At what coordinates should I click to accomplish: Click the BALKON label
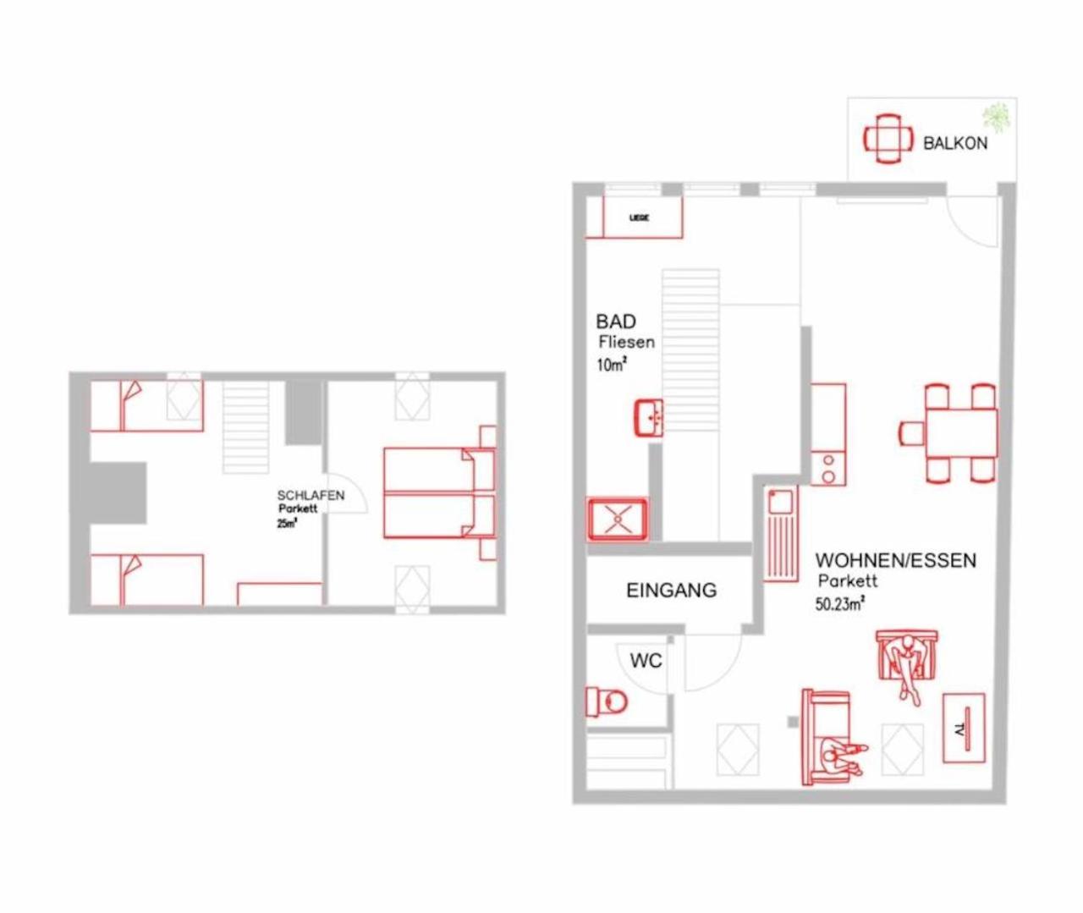coord(954,143)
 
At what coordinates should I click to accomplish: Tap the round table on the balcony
coord(888,138)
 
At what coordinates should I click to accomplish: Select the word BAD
coord(616,322)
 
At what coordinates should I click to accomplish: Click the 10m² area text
coord(611,366)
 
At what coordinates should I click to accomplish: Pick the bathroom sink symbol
coord(650,418)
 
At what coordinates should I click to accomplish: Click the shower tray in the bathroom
coord(618,519)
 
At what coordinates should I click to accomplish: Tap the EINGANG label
coord(671,590)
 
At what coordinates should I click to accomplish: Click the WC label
coord(646,660)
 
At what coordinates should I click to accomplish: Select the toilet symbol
coord(607,701)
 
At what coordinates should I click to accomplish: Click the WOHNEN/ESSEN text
coord(895,560)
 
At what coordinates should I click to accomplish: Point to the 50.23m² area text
coord(839,604)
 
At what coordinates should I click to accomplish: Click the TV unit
coord(964,728)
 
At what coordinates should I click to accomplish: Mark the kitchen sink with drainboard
coord(780,532)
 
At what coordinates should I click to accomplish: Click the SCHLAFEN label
coord(311,495)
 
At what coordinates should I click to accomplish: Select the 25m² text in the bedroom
coord(287,523)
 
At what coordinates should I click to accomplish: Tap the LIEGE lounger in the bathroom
coord(640,217)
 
